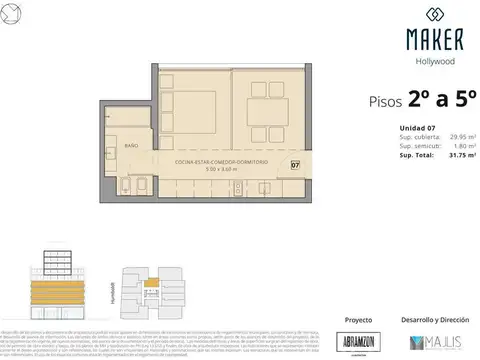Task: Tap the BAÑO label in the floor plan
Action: [x=130, y=146]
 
